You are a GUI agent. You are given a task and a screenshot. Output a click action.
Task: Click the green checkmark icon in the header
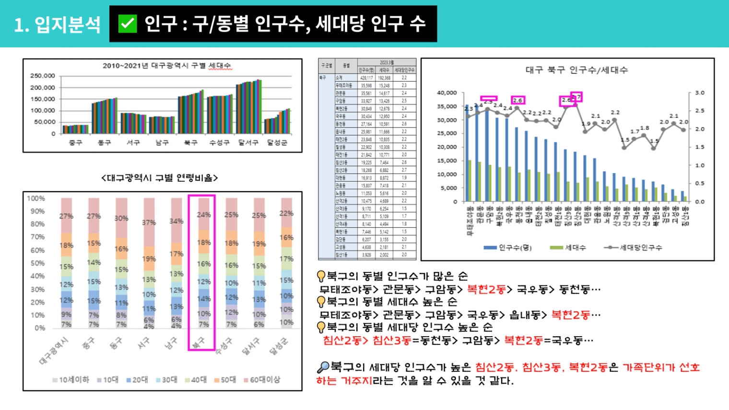coord(128,23)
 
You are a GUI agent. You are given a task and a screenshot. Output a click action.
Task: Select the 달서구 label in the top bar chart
coord(248,142)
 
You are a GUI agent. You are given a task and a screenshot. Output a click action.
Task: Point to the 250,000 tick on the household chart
coord(43,76)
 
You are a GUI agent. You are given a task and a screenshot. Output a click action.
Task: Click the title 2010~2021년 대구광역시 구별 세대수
coord(167,66)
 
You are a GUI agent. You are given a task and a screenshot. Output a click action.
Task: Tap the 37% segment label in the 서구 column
coord(149,223)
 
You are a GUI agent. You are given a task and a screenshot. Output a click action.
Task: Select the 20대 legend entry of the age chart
coord(137,380)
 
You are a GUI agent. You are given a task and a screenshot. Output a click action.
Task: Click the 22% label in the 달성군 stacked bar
coord(286,213)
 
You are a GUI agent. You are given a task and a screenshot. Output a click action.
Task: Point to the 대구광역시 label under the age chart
coord(54,351)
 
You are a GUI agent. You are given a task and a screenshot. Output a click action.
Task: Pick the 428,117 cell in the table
coord(366,78)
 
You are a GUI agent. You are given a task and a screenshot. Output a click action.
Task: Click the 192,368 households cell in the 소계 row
coord(384,78)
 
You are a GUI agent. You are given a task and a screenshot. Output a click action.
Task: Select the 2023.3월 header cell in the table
coord(387,62)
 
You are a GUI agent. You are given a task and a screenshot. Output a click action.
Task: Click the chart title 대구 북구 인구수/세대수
coord(576,70)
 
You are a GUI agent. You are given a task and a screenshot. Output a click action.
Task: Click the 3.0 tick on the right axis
coord(700,93)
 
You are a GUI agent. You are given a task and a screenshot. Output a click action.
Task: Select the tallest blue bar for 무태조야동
coord(467,153)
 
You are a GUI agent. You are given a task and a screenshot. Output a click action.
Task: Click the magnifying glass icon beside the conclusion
coord(323,367)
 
